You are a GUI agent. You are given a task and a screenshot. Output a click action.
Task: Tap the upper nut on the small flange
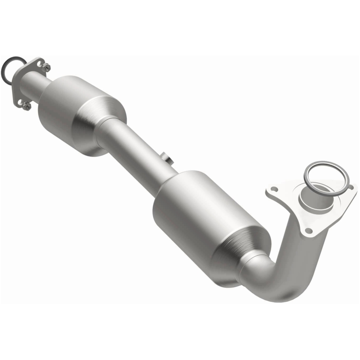(46, 67)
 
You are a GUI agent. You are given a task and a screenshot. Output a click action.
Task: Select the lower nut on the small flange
(27, 106)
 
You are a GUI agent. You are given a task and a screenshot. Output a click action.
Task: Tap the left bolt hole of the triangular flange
(273, 191)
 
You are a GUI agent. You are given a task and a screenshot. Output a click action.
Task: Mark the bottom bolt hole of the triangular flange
(309, 230)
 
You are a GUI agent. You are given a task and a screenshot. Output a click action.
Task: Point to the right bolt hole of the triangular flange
(349, 185)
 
